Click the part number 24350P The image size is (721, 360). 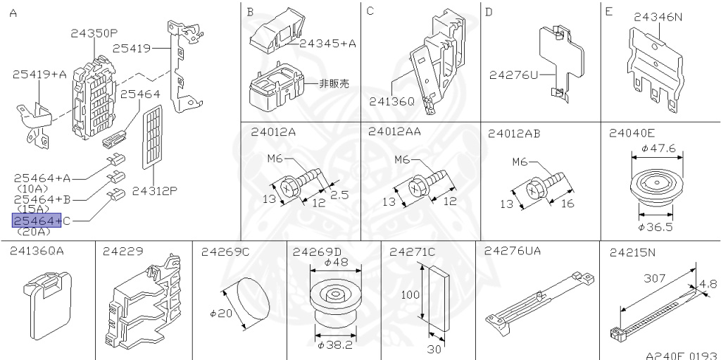coord(94,32)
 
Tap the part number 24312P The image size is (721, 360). coord(154,190)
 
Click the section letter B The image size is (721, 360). coord(250,12)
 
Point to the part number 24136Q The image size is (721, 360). coord(392,101)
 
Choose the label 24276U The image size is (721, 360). coord(513,73)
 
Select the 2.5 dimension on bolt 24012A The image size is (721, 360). coord(339,195)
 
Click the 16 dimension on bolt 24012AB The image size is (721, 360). coord(568,204)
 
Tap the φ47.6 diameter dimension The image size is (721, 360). coord(658,149)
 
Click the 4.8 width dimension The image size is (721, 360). coord(708,285)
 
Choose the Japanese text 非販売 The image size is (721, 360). coord(334,83)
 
